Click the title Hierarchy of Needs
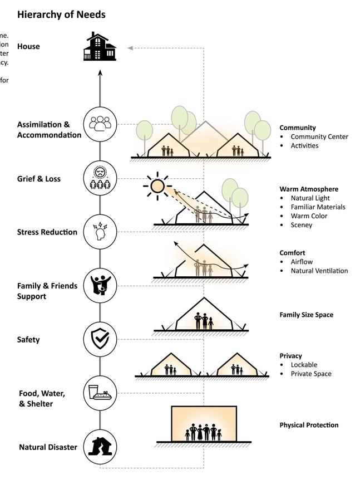tap(61, 14)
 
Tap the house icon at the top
tap(100, 47)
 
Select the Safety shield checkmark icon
tap(100, 339)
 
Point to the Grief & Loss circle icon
tap(100, 178)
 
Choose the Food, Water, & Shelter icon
tap(100, 393)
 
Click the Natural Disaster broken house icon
tap(100, 446)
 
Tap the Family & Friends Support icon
tap(100, 285)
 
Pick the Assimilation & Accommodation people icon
tap(100, 124)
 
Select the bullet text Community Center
tap(319, 136)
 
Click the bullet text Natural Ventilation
tap(319, 271)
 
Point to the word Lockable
tap(304, 365)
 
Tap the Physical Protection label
tap(309, 425)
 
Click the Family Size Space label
tap(307, 315)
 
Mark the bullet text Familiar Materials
tap(318, 207)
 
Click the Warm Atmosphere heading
tap(309, 189)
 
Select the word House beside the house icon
tap(28, 46)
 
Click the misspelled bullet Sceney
tap(302, 225)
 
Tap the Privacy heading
tap(291, 355)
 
